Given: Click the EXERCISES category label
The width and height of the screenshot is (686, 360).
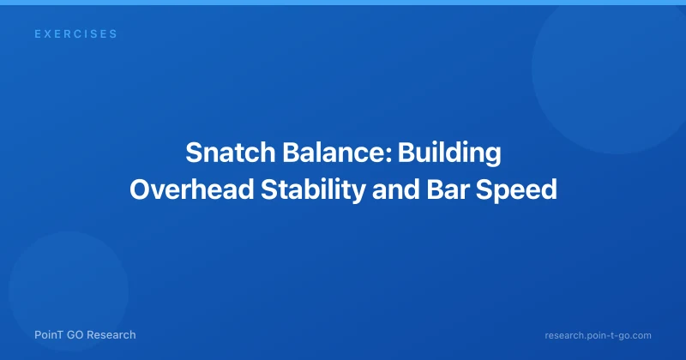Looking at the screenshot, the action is click(75, 34).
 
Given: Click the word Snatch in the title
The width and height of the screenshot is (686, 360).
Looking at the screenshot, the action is click(231, 153).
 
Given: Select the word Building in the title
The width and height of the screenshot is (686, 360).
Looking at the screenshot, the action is click(449, 153).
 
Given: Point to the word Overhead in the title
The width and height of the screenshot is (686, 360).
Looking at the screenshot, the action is click(191, 189).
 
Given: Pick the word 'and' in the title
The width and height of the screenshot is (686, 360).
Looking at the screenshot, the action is click(396, 189).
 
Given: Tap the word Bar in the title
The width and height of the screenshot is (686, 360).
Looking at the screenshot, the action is click(448, 189).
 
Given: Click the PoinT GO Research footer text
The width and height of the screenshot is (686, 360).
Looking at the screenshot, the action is click(85, 335).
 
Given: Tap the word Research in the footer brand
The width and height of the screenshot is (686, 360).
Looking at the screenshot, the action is click(113, 335).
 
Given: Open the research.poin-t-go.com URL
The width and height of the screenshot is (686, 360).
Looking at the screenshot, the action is click(598, 336).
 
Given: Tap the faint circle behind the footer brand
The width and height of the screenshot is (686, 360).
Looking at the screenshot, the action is click(69, 291).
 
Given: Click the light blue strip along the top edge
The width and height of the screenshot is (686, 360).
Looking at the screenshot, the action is click(343, 3).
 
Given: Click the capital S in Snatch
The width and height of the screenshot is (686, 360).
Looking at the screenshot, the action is click(194, 153).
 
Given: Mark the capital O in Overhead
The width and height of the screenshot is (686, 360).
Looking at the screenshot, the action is click(140, 189).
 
